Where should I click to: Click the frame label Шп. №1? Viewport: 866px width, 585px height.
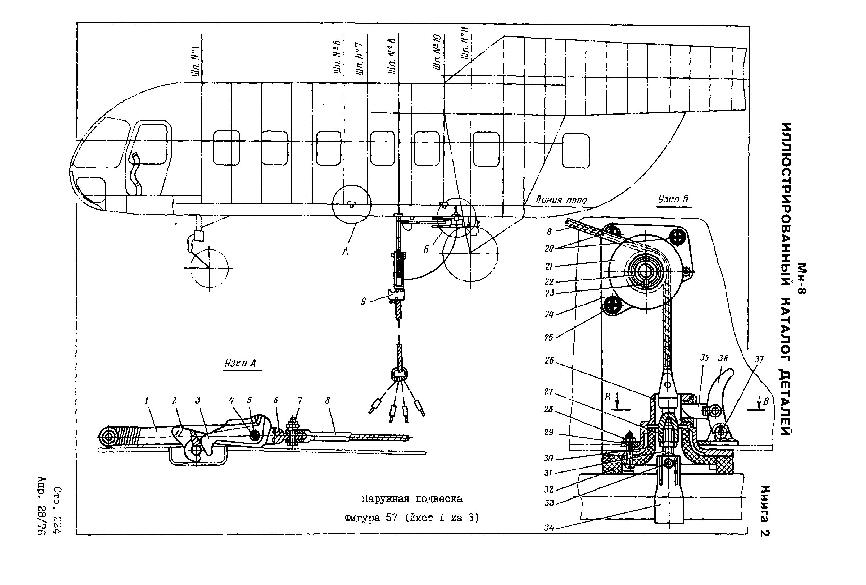[x=196, y=62]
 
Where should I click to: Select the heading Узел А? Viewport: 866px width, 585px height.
[x=240, y=363]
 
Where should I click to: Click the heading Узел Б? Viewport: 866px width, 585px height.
[x=673, y=199]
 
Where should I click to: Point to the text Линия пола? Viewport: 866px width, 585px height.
[x=560, y=200]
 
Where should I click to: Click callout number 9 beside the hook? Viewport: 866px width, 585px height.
[x=363, y=301]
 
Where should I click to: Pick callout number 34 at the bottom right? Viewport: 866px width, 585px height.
[x=549, y=528]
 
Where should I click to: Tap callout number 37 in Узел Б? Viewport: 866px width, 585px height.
[x=759, y=359]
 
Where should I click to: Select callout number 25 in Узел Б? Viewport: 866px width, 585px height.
[x=548, y=338]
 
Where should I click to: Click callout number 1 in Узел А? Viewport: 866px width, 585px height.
[x=147, y=400]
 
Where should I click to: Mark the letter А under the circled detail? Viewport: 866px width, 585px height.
[x=345, y=252]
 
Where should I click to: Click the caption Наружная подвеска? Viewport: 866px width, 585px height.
[x=412, y=498]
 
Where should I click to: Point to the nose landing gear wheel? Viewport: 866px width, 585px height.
[x=209, y=268]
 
